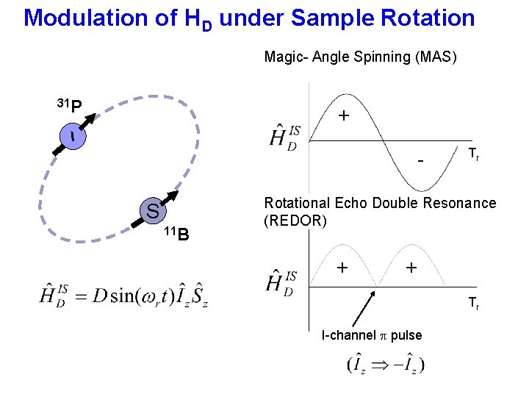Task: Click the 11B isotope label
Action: (176, 234)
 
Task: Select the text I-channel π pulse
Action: (372, 335)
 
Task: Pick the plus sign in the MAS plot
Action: (343, 117)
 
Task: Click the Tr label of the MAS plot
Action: (474, 154)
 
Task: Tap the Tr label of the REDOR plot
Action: (474, 304)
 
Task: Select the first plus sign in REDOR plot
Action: (342, 268)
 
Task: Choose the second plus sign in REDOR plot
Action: (411, 268)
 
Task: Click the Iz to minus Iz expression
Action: (386, 364)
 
